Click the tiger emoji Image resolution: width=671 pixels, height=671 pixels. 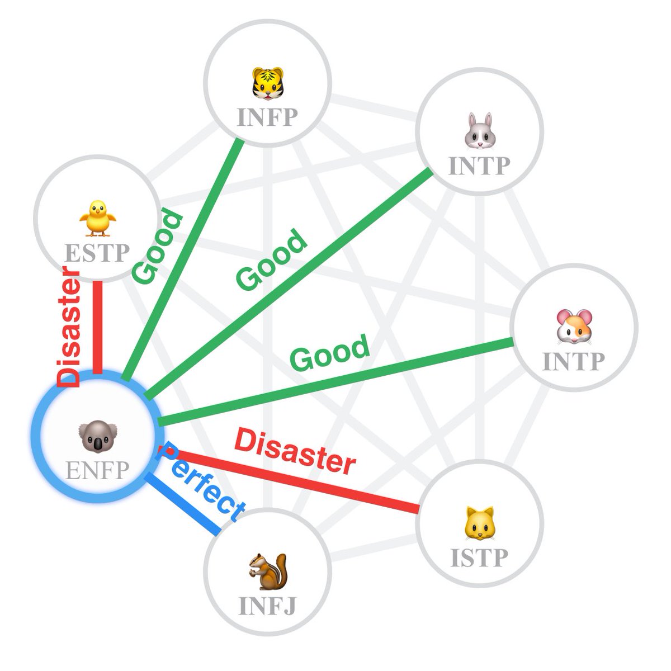point(267,83)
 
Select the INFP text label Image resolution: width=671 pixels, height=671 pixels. point(267,117)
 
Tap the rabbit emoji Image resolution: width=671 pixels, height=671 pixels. point(479,131)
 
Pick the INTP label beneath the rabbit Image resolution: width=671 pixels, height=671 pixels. point(479,166)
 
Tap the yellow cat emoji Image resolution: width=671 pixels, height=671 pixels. point(479,524)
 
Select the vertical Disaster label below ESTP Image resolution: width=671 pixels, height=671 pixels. point(69,327)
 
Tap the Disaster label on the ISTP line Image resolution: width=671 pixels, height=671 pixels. point(295,451)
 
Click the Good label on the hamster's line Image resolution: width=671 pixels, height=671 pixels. point(330,353)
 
